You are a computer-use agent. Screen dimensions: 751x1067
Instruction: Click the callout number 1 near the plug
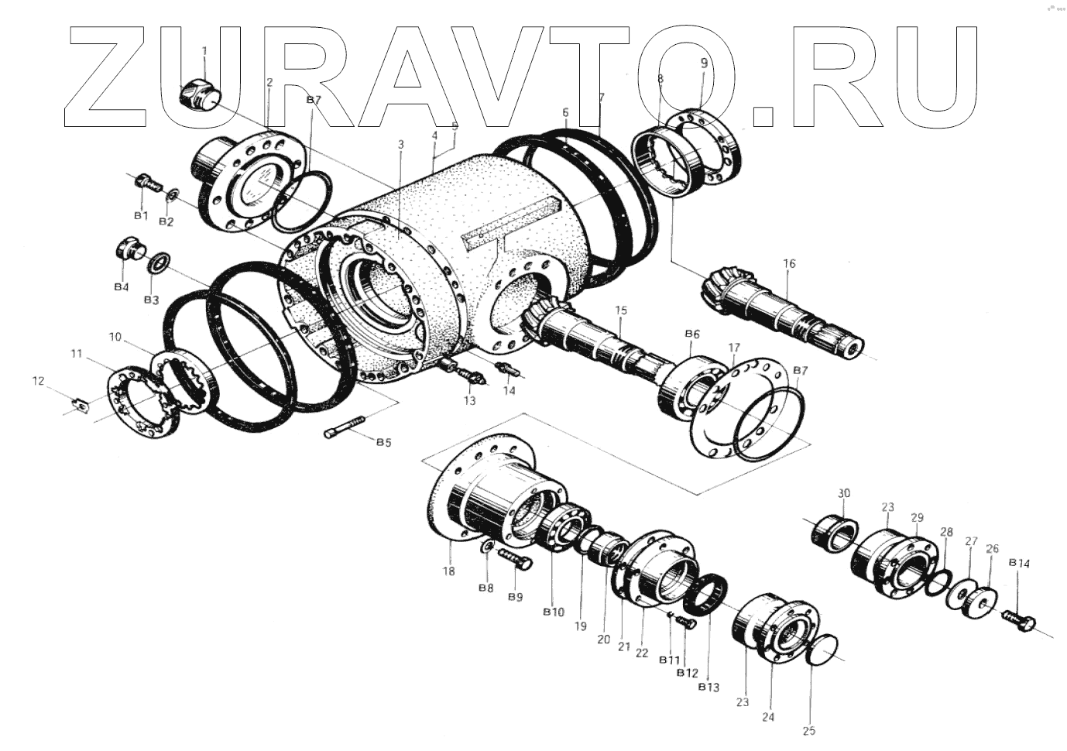pyautogui.click(x=204, y=51)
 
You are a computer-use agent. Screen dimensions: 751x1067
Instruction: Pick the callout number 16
pyautogui.click(x=788, y=264)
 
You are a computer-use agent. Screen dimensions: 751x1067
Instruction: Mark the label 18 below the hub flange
pyautogui.click(x=449, y=571)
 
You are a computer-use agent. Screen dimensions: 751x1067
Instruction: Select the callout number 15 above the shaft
pyautogui.click(x=620, y=310)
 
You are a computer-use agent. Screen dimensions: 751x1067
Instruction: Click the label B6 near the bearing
pyautogui.click(x=692, y=334)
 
